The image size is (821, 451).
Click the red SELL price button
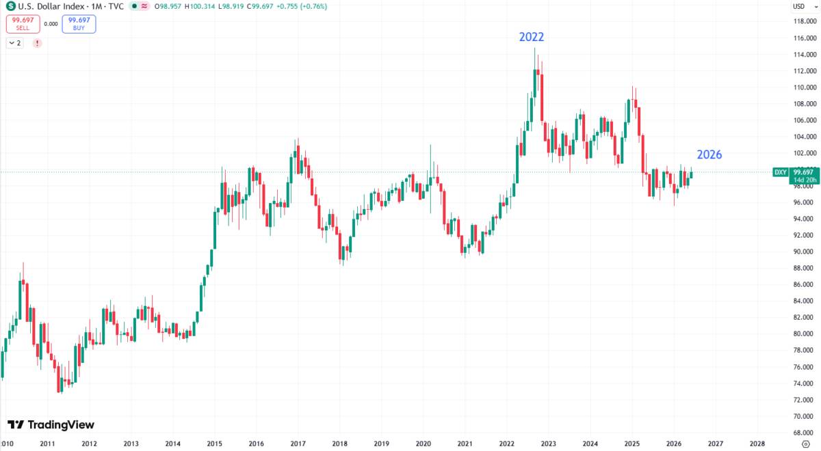(x=23, y=24)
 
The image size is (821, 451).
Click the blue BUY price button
(x=79, y=24)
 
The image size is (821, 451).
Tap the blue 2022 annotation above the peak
(x=532, y=37)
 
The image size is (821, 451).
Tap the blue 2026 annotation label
(x=709, y=154)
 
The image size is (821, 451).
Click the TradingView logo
(x=51, y=424)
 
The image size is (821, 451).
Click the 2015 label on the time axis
(x=214, y=444)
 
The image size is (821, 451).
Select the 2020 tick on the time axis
(x=423, y=444)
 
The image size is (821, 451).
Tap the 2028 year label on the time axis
(x=757, y=444)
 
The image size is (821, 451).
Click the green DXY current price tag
(x=795, y=176)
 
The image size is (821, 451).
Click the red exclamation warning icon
(x=37, y=43)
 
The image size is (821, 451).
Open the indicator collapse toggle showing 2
(x=14, y=43)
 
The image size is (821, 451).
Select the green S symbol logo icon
(x=11, y=6)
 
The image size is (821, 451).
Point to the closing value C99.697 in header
(x=260, y=6)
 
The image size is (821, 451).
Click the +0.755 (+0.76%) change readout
(x=301, y=6)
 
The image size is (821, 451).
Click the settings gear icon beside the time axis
(x=806, y=444)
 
